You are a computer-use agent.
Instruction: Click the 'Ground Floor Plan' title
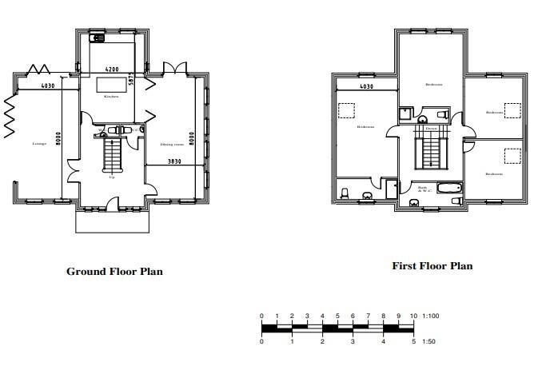114,272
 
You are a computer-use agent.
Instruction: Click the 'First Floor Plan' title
432,266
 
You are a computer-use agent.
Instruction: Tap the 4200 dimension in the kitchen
112,70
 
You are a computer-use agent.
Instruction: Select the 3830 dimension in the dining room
173,161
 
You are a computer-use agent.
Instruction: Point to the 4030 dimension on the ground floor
48,85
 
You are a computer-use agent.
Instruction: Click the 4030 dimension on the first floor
366,86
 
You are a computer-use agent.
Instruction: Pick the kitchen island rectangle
112,85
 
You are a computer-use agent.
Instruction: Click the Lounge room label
39,144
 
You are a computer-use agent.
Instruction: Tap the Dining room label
172,145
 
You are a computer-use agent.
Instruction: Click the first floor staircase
431,149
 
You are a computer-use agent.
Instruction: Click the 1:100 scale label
430,316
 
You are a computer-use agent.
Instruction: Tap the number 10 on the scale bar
413,316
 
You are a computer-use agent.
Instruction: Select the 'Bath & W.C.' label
422,190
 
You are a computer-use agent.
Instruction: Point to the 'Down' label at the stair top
431,128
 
